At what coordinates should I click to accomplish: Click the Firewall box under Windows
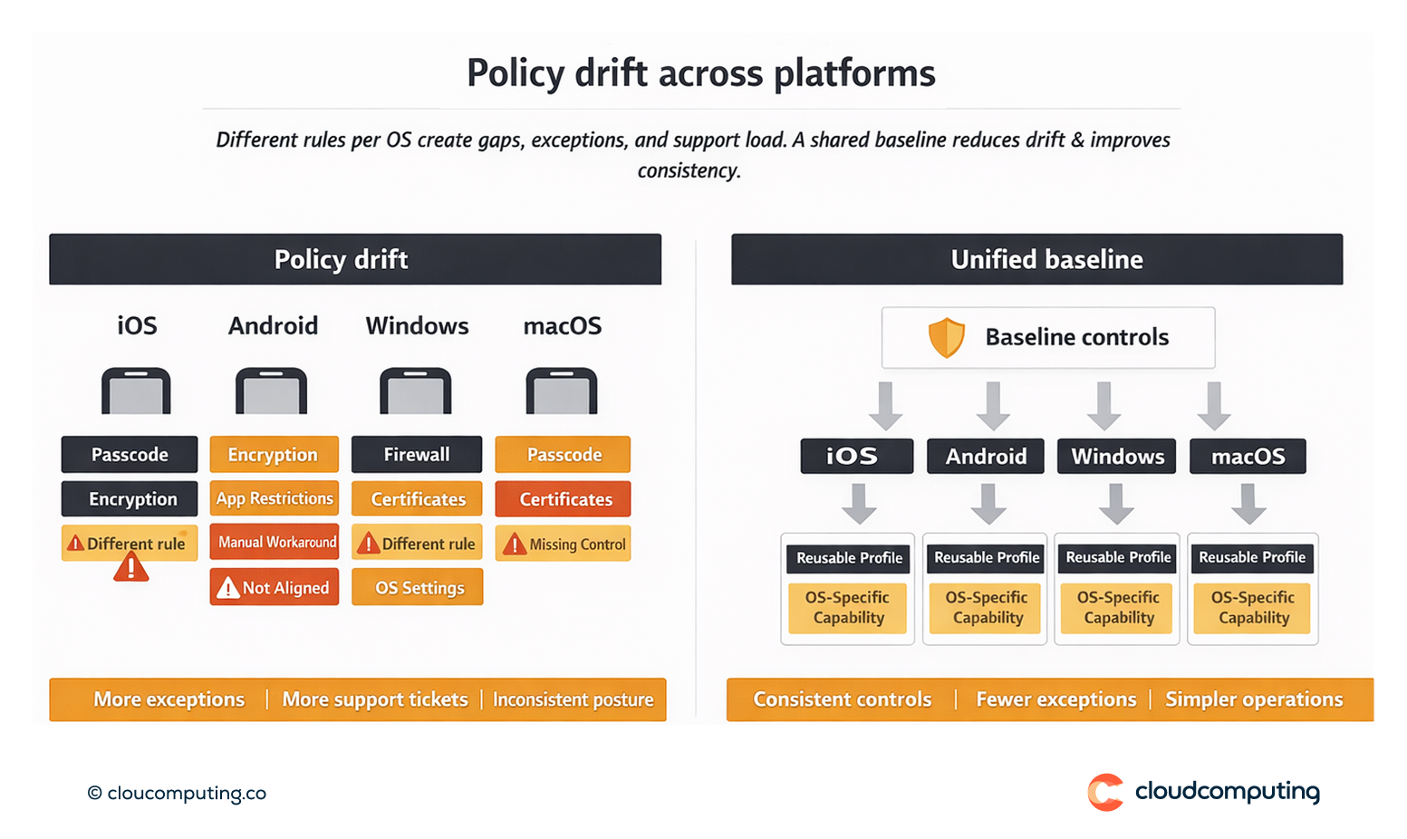pyautogui.click(x=416, y=455)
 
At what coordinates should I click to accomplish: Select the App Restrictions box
pyautogui.click(x=275, y=498)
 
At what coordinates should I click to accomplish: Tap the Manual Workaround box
pyautogui.click(x=275, y=542)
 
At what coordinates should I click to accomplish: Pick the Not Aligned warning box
pyautogui.click(x=275, y=587)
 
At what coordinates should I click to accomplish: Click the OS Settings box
pyautogui.click(x=418, y=587)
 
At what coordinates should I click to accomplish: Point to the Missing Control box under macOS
pyautogui.click(x=564, y=545)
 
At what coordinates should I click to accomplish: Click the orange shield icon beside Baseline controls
pyautogui.click(x=947, y=338)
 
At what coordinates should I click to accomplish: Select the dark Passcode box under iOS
pyautogui.click(x=130, y=455)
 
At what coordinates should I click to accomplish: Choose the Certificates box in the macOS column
pyautogui.click(x=564, y=499)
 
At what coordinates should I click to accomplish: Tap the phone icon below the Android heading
pyautogui.click(x=272, y=391)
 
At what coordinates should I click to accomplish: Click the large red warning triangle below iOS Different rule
pyautogui.click(x=131, y=568)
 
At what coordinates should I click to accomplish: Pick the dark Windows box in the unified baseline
pyautogui.click(x=1117, y=457)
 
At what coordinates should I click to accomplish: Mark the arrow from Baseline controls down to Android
pyautogui.click(x=993, y=406)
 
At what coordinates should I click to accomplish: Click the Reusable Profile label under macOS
pyautogui.click(x=1252, y=557)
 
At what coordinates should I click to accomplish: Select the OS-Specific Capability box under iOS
pyautogui.click(x=848, y=608)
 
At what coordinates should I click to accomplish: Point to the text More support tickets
pyautogui.click(x=375, y=699)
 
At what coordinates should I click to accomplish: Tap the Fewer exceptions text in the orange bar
pyautogui.click(x=1055, y=699)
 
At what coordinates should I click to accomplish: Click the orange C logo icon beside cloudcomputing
pyautogui.click(x=1105, y=792)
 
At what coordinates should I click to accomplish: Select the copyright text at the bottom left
pyautogui.click(x=177, y=794)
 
